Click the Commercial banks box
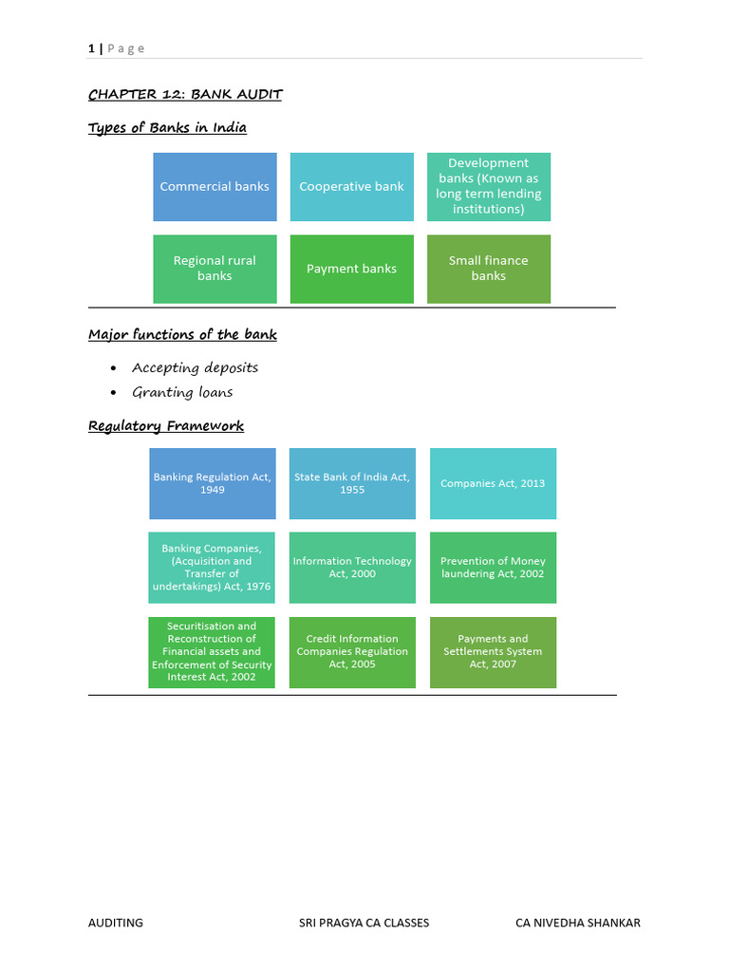point(215,187)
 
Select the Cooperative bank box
point(351,187)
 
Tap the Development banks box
point(488,187)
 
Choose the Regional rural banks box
point(215,269)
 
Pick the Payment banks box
point(351,269)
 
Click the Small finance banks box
point(488,269)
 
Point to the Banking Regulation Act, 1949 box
point(213,483)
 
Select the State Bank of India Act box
point(352,483)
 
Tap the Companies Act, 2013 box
point(493,483)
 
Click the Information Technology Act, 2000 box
point(352,568)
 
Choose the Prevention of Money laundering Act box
point(493,568)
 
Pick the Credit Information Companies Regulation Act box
point(352,652)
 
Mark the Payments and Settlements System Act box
point(493,652)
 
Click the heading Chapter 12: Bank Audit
point(185,94)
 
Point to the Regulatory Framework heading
point(166,426)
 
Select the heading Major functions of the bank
point(182,335)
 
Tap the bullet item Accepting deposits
point(195,367)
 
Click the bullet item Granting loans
point(182,392)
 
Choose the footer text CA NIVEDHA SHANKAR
point(577,923)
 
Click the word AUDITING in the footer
point(116,923)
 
